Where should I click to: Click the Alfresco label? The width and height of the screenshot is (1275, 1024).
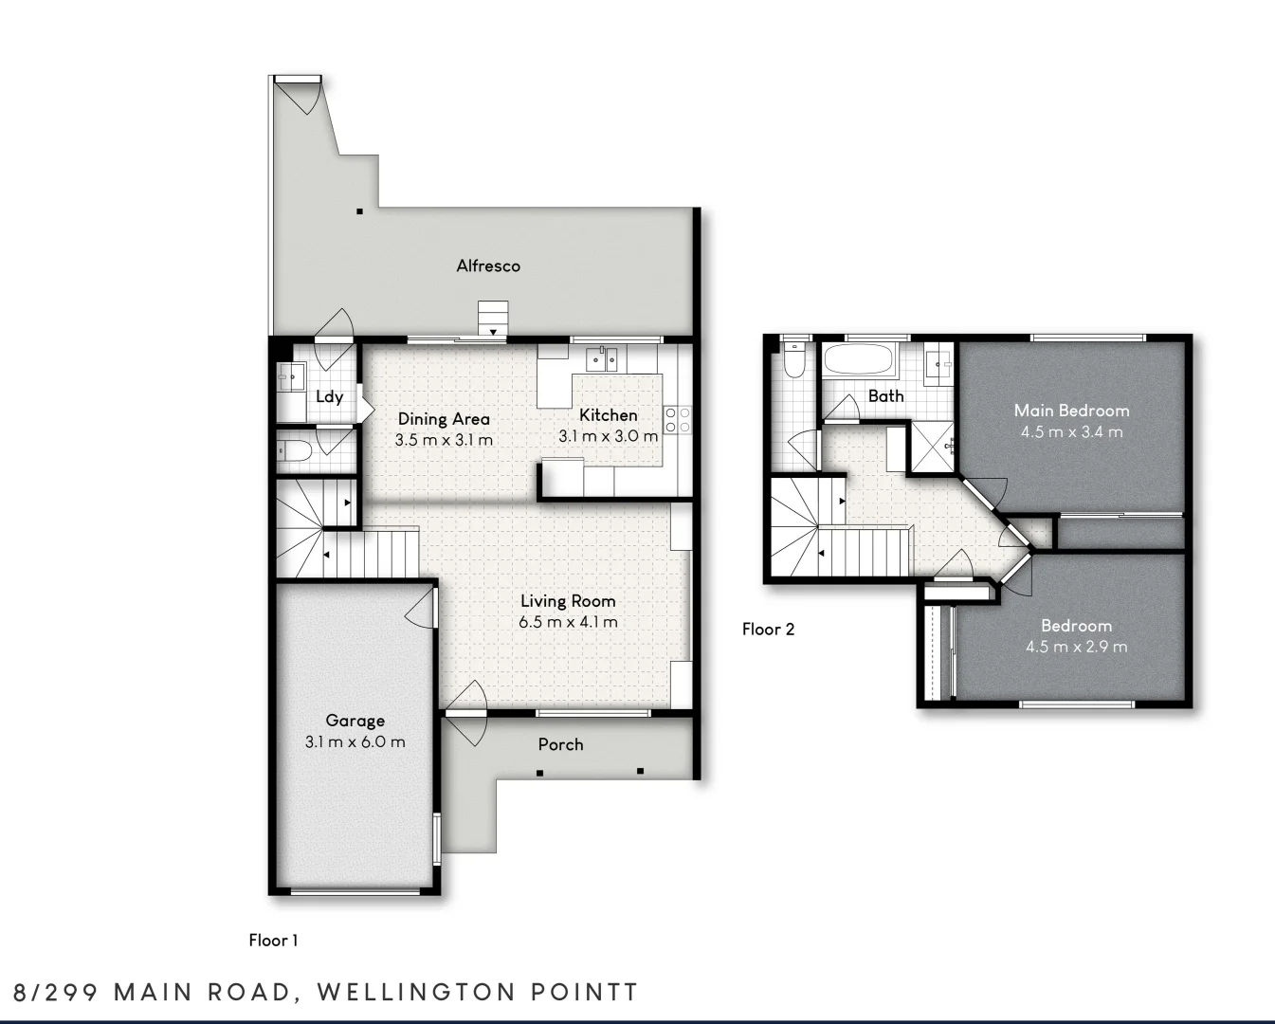(488, 266)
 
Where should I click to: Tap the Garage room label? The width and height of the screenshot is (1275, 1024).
(355, 721)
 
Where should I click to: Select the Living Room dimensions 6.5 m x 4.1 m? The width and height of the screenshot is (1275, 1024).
(568, 622)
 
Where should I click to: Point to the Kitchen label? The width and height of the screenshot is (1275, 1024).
(608, 415)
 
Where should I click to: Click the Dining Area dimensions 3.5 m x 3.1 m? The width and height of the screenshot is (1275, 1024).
(444, 440)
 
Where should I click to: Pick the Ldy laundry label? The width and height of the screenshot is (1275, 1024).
(330, 397)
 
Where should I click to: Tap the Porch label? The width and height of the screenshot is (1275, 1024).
(560, 744)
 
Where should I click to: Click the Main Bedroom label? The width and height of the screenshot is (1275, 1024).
(1071, 410)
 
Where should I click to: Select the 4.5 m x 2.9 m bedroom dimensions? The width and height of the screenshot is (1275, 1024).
(1076, 647)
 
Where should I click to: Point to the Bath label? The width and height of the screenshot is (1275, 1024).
(885, 396)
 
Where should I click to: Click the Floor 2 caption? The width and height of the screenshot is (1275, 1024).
(768, 630)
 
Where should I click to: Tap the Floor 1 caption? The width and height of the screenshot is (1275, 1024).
(273, 941)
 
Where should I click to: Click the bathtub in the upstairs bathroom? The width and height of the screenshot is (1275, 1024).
(859, 359)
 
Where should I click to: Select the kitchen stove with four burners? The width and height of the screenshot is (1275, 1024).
(678, 419)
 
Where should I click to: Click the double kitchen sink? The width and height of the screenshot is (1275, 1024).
(601, 359)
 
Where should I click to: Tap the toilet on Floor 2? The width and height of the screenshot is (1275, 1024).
(792, 359)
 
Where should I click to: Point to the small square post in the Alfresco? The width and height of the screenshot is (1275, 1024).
(359, 211)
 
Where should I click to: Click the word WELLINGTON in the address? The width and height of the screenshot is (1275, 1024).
(417, 993)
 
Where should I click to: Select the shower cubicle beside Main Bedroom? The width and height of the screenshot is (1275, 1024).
(932, 447)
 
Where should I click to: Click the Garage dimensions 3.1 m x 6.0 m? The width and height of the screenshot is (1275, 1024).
(355, 741)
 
